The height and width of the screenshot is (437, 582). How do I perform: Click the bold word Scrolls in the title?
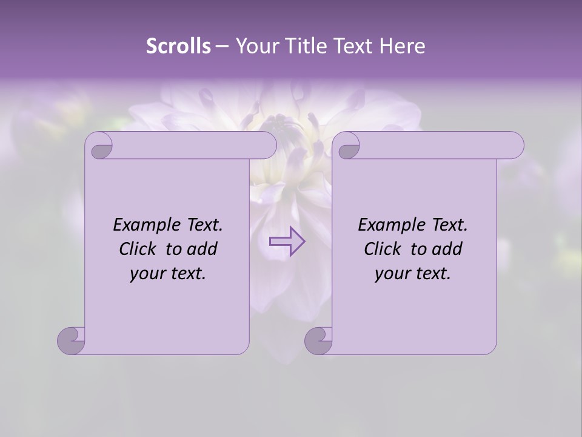click(x=179, y=46)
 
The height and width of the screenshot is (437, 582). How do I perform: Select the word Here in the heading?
click(x=403, y=46)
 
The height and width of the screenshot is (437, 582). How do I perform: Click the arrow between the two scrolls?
click(x=287, y=242)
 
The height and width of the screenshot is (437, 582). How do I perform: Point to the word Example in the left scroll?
click(x=142, y=225)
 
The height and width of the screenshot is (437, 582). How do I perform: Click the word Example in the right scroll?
click(x=387, y=225)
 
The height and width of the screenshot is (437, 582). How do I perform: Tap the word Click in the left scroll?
click(x=138, y=249)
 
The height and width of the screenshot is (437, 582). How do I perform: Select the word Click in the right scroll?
click(x=383, y=249)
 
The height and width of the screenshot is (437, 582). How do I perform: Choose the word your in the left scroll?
click(x=147, y=274)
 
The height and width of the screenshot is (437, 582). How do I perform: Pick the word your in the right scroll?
click(x=392, y=274)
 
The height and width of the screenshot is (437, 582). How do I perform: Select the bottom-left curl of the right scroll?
click(x=319, y=340)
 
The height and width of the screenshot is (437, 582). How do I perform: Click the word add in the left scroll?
click(x=202, y=249)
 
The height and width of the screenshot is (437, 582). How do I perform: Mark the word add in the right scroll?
click(x=447, y=249)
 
